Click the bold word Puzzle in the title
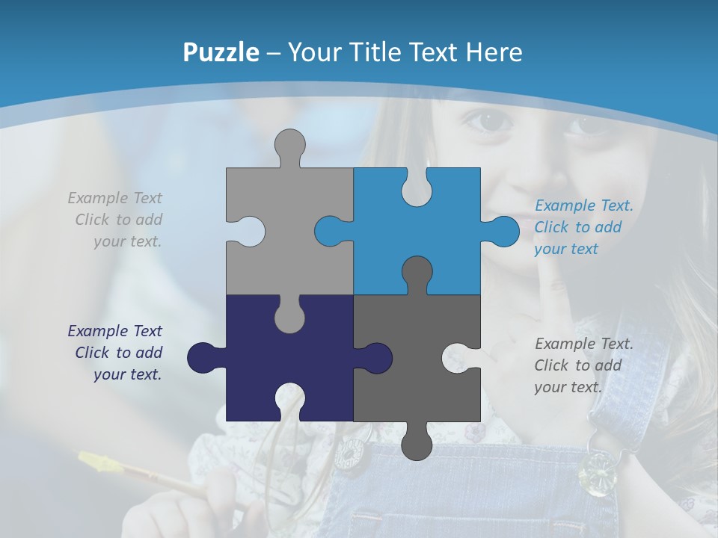pos(221,52)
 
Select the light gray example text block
pos(116,220)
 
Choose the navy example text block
pos(116,353)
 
